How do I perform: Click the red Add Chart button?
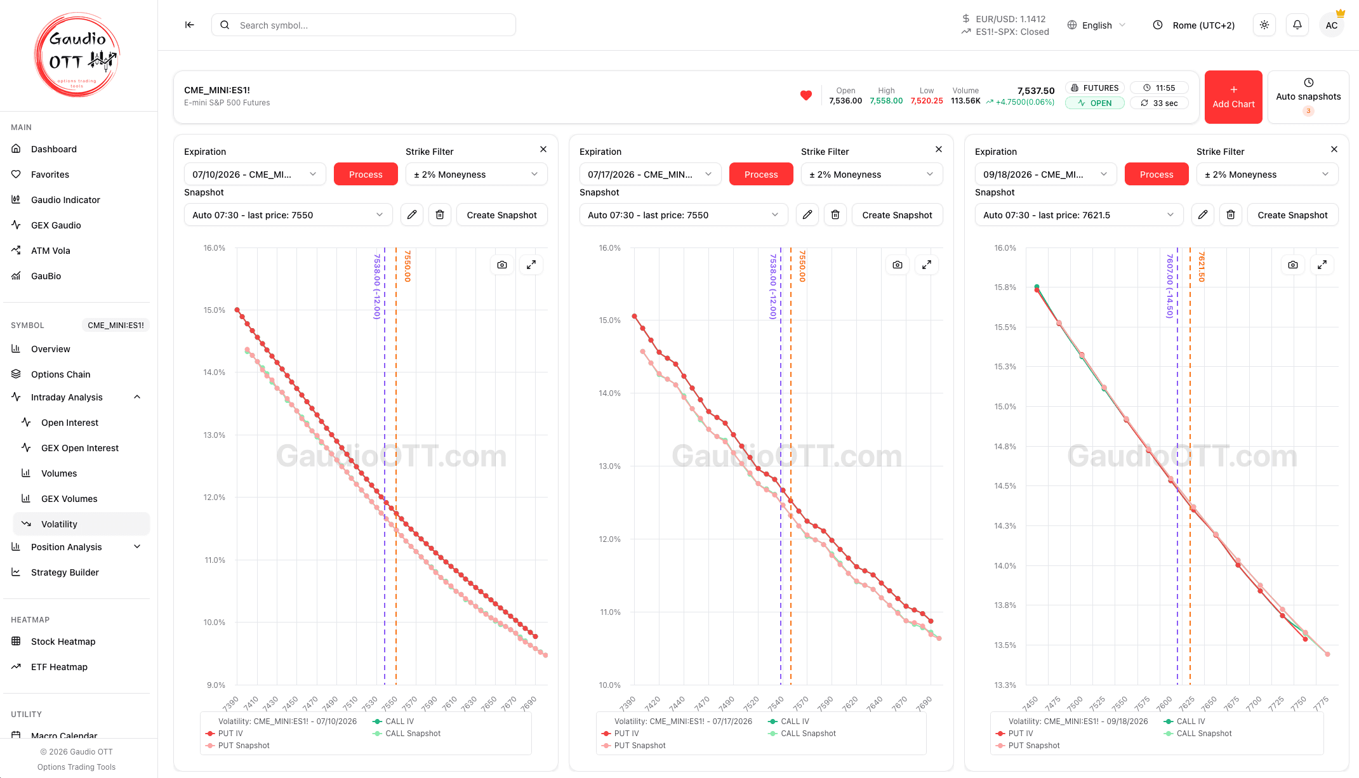(1233, 97)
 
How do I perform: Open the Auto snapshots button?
(1308, 97)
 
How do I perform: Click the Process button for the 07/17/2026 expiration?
(761, 175)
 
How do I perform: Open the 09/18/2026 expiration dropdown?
(1045, 175)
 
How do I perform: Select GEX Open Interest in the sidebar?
(80, 448)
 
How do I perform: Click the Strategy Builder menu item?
(65, 572)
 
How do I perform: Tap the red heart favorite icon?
(806, 96)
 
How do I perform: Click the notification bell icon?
(1297, 25)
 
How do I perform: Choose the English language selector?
(1097, 25)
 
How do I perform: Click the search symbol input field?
(364, 25)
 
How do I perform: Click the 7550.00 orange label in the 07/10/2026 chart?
(408, 266)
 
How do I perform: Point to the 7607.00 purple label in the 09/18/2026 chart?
(1169, 286)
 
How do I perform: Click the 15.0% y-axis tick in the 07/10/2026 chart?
(215, 310)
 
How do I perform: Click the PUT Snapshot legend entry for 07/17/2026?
(640, 746)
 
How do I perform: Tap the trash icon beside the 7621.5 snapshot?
(1231, 215)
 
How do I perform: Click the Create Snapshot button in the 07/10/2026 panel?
(502, 215)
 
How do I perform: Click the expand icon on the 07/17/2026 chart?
(927, 265)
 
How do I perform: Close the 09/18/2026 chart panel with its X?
(1334, 149)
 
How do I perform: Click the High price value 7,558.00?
(886, 101)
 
